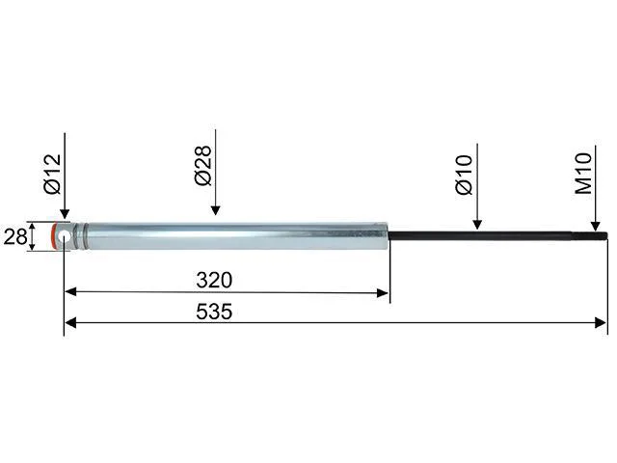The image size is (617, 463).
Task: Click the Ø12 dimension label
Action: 53,174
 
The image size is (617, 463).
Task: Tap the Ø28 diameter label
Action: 203,166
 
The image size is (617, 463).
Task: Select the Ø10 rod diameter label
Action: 464,175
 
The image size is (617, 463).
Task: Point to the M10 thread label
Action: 583,174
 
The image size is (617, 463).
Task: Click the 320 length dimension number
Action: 214,280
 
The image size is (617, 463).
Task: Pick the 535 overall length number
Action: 214,312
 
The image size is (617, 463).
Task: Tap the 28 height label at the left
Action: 15,236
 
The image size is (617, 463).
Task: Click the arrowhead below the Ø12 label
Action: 65,214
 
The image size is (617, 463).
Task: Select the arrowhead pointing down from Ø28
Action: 215,210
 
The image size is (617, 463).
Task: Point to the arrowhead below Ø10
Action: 477,225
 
